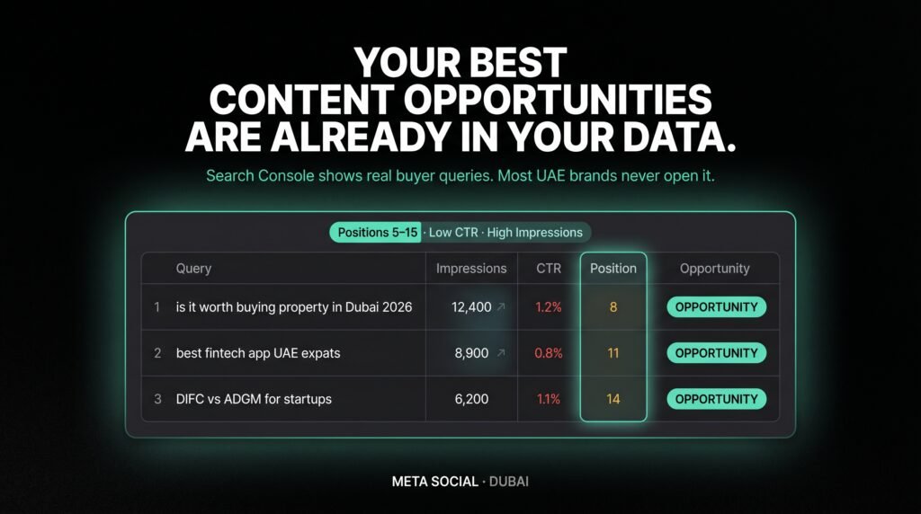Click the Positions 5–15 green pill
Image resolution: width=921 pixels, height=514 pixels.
tap(376, 232)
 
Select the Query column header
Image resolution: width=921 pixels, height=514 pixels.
tap(193, 268)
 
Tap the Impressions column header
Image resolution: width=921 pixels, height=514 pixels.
tap(471, 268)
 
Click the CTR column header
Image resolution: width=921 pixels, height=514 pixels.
tap(549, 268)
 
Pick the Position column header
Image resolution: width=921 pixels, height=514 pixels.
tap(613, 268)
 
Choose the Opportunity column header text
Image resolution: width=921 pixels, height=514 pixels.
tap(714, 268)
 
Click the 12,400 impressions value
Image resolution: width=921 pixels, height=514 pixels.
tap(471, 307)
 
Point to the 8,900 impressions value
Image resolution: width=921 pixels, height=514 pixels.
tap(472, 353)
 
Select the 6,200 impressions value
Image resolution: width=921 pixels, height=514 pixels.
tap(472, 399)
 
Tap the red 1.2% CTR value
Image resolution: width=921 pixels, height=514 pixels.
tap(549, 307)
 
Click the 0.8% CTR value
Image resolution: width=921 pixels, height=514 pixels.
tap(549, 353)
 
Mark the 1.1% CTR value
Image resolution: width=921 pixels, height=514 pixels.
tap(549, 399)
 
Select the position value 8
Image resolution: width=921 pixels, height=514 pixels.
tap(613, 307)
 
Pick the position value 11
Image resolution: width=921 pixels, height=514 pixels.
tap(613, 353)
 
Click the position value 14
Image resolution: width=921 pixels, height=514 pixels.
tap(613, 399)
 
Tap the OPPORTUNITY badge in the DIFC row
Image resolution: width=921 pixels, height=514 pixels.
tap(716, 399)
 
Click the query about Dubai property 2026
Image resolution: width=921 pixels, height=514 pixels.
tap(293, 307)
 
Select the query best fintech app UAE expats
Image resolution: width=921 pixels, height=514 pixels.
tap(258, 353)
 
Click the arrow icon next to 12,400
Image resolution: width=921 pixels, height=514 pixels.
tap(502, 307)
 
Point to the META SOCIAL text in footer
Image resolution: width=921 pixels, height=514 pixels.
tap(435, 482)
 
